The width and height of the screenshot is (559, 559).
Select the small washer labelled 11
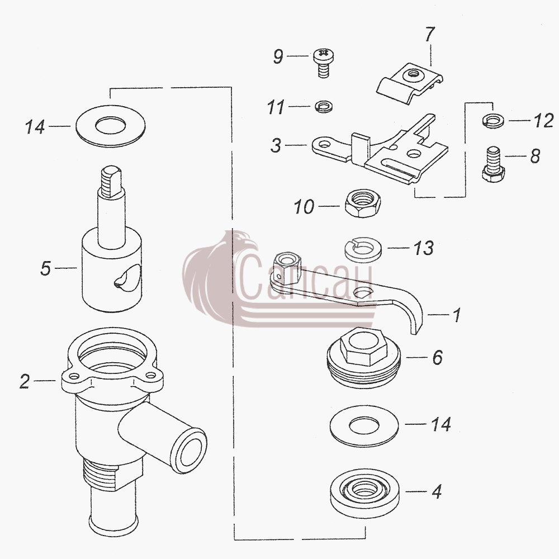(x=324, y=106)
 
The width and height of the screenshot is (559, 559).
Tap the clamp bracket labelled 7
(x=410, y=83)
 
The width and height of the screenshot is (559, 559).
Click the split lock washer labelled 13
(x=363, y=249)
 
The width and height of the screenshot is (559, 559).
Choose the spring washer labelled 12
(x=493, y=120)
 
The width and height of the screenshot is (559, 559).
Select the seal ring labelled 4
(x=364, y=493)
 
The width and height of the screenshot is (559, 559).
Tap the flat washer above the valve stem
(x=111, y=126)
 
